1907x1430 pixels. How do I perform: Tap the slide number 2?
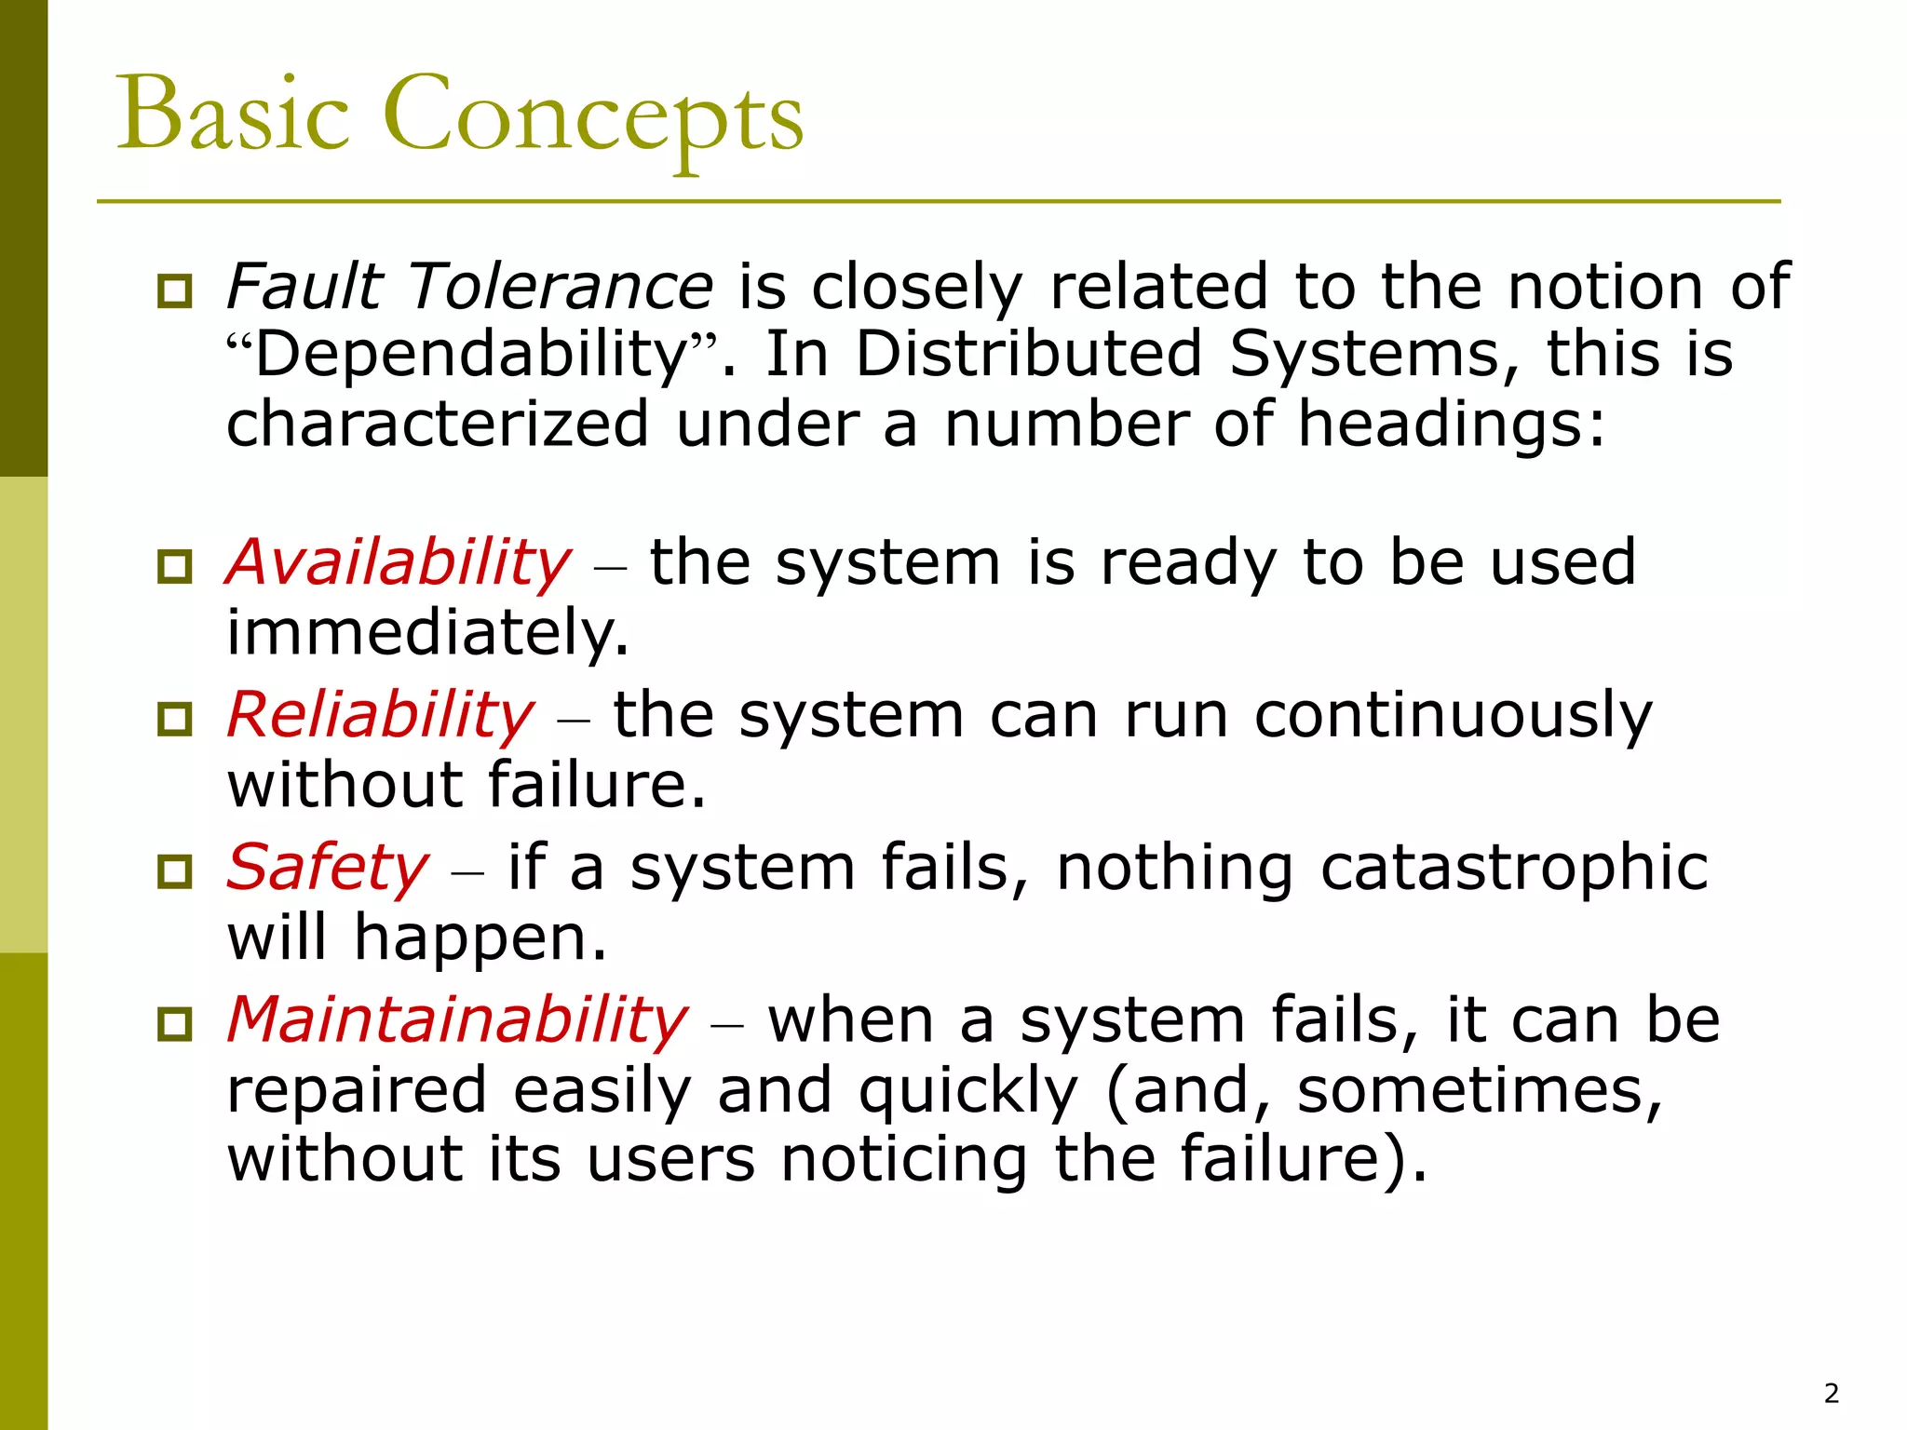pyautogui.click(x=1832, y=1394)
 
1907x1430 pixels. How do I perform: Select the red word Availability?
pyautogui.click(x=399, y=564)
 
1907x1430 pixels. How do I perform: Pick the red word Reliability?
pyautogui.click(x=381, y=717)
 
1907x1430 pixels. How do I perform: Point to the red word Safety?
pyautogui.click(x=328, y=869)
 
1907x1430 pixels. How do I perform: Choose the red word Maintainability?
pyautogui.click(x=457, y=1021)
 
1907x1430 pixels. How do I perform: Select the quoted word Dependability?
pyautogui.click(x=470, y=356)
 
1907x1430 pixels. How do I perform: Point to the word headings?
pyautogui.click(x=1452, y=425)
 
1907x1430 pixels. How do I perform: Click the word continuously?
pyautogui.click(x=1453, y=717)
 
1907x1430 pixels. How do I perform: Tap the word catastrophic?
pyautogui.click(x=1514, y=869)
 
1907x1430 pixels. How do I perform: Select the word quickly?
pyautogui.click(x=968, y=1091)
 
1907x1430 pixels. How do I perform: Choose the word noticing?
pyautogui.click(x=903, y=1160)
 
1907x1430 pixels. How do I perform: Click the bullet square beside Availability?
pyautogui.click(x=175, y=566)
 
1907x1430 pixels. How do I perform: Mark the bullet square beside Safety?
pyautogui.click(x=175, y=871)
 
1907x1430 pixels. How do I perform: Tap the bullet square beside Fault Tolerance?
pyautogui.click(x=175, y=290)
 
